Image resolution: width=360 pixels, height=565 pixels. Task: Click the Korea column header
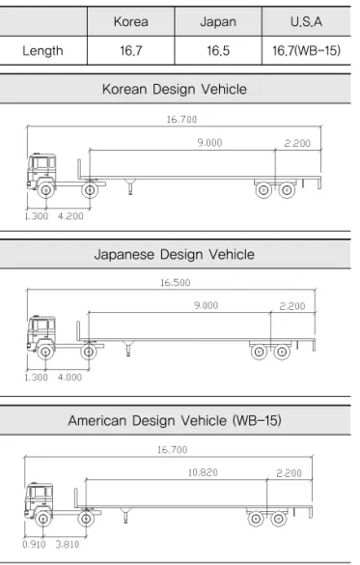point(130,22)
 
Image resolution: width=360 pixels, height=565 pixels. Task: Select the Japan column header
point(218,22)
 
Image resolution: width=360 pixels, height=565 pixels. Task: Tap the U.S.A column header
point(306,22)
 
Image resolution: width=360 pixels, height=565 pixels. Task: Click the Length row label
point(42,51)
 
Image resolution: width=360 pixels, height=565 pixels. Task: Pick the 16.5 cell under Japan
point(218,51)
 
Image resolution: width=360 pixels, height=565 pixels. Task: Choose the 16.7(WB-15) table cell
point(306,50)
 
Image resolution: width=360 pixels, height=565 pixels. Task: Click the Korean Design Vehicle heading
point(175,89)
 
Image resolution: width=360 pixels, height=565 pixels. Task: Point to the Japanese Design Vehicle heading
point(175,254)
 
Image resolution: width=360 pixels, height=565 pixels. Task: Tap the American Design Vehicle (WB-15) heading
point(175,420)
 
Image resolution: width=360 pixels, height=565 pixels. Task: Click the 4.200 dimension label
point(70,216)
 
